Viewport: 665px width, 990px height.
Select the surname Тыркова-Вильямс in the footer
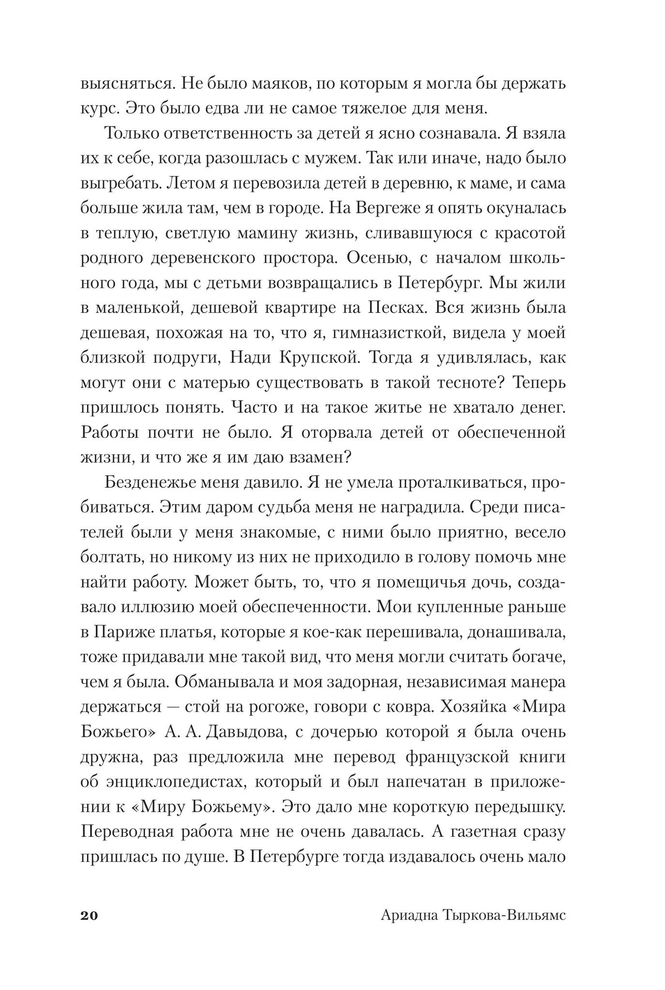click(x=503, y=916)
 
